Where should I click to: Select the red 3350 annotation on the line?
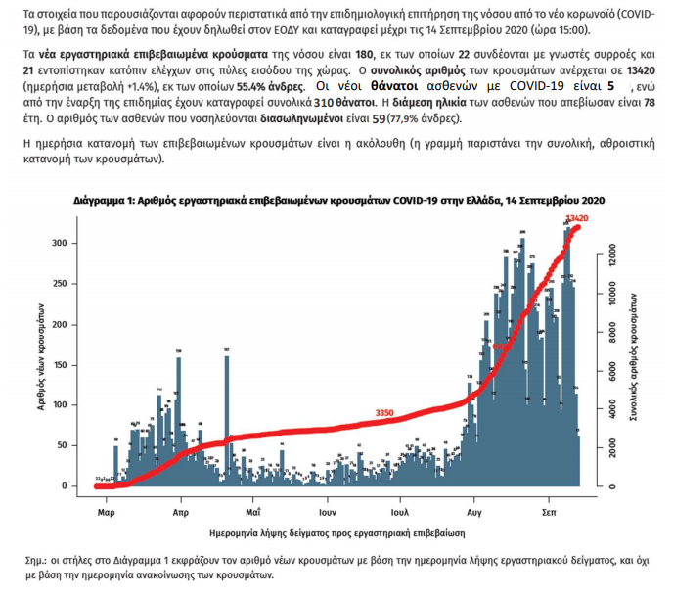click(x=384, y=414)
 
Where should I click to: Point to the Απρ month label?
click(x=180, y=512)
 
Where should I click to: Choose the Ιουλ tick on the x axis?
click(x=398, y=512)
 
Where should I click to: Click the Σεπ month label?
click(x=551, y=512)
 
